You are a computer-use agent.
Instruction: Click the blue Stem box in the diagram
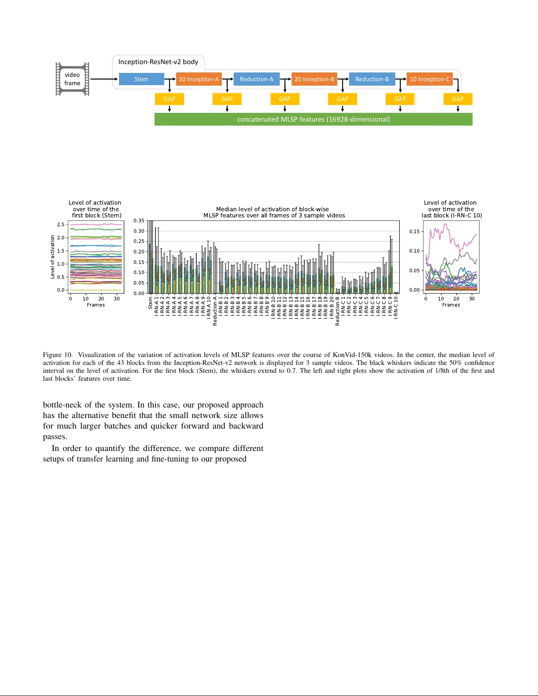[x=141, y=79]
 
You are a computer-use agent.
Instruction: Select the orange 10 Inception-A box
[x=199, y=79]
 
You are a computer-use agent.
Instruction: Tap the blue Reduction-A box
[x=256, y=79]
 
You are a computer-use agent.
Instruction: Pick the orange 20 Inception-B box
[x=314, y=79]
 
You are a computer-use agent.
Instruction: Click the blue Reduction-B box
[x=372, y=79]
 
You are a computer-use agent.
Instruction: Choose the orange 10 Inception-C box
[x=430, y=79]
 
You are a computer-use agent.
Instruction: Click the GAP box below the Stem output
[x=169, y=99]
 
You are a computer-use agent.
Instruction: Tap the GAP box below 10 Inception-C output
[x=458, y=99]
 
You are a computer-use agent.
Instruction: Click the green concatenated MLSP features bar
[x=313, y=119]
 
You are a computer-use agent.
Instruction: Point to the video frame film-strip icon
[x=72, y=79]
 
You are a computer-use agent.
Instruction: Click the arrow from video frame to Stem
[x=104, y=79]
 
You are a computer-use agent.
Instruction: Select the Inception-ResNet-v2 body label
[x=158, y=62]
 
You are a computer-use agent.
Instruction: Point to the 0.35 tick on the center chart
[x=139, y=221]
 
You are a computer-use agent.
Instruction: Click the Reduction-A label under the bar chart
[x=215, y=311]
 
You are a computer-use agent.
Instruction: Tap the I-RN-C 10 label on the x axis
[x=396, y=307]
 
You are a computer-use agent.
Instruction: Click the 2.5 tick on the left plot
[x=61, y=225]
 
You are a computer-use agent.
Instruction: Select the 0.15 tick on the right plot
[x=414, y=231]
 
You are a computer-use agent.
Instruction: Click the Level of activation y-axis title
[x=53, y=257]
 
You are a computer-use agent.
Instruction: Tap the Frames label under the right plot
[x=451, y=305]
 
